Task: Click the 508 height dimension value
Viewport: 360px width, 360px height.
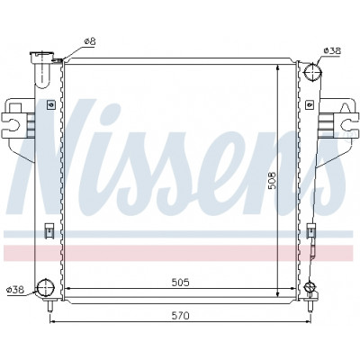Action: click(x=272, y=180)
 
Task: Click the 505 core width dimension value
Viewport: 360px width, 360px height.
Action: click(x=180, y=283)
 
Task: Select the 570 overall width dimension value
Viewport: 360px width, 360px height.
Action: click(x=180, y=315)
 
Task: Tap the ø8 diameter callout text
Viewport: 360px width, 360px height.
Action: click(x=90, y=41)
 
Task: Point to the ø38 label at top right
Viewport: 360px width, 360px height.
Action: click(x=332, y=51)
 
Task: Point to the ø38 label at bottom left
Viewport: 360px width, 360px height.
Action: click(x=15, y=290)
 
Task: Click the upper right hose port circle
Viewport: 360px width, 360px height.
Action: click(x=312, y=73)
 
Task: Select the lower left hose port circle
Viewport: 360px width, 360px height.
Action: click(x=46, y=287)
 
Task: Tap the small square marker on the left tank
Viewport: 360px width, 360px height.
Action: click(x=51, y=104)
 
